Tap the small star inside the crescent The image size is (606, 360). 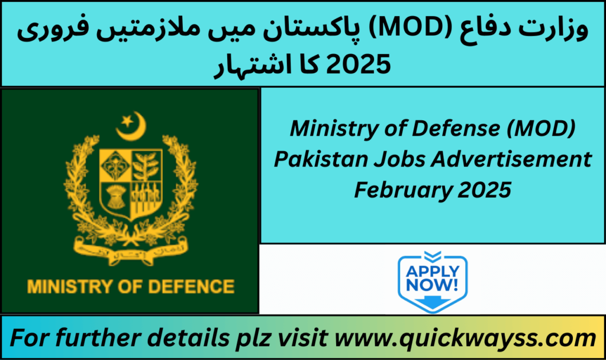128,121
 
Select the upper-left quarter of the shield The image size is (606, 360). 115,166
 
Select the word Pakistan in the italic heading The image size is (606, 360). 321,159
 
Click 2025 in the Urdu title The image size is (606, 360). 358,65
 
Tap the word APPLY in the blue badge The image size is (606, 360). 433,271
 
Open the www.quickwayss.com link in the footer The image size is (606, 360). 465,338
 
